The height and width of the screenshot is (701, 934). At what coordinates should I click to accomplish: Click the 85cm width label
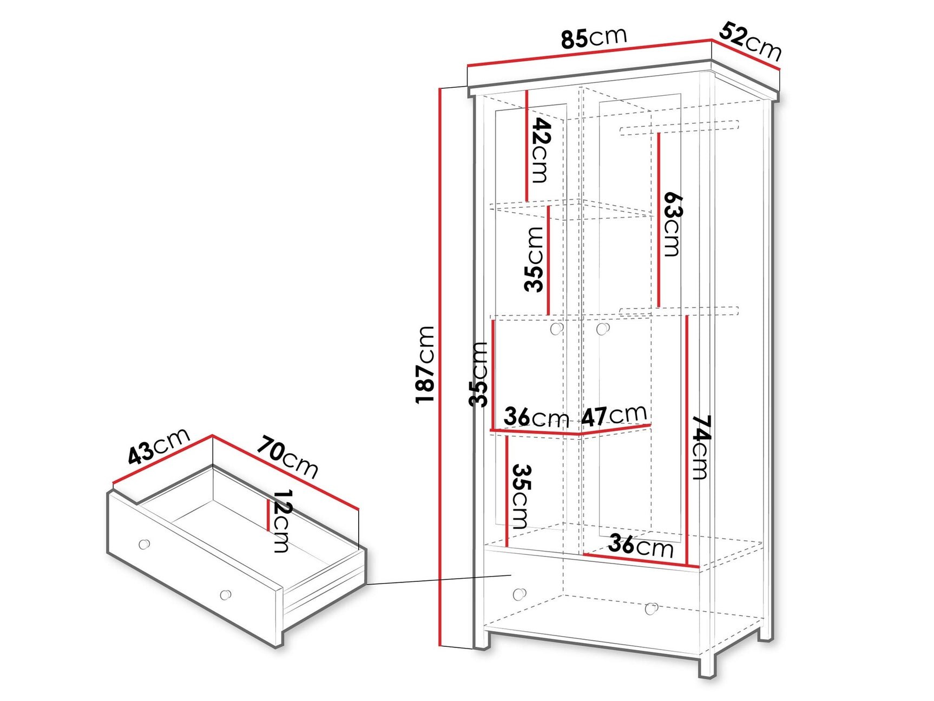594,38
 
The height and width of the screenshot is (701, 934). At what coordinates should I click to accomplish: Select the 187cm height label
425,364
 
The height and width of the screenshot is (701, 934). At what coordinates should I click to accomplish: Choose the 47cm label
614,416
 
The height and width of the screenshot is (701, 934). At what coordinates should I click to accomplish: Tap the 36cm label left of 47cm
536,417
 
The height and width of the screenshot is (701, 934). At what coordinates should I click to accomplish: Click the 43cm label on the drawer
159,446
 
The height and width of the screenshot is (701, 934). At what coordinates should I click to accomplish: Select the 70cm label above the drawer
287,456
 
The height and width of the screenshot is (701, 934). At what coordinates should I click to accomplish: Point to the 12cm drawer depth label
282,520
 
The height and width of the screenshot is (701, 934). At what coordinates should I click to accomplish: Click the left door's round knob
556,329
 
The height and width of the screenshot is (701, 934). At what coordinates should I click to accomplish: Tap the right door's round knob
602,329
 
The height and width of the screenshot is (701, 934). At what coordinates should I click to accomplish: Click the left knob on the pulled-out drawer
144,544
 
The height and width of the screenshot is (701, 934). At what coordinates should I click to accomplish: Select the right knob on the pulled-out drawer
226,594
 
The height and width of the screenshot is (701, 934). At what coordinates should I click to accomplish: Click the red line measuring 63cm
659,220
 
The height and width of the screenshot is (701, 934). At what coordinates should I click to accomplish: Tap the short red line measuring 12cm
268,515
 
